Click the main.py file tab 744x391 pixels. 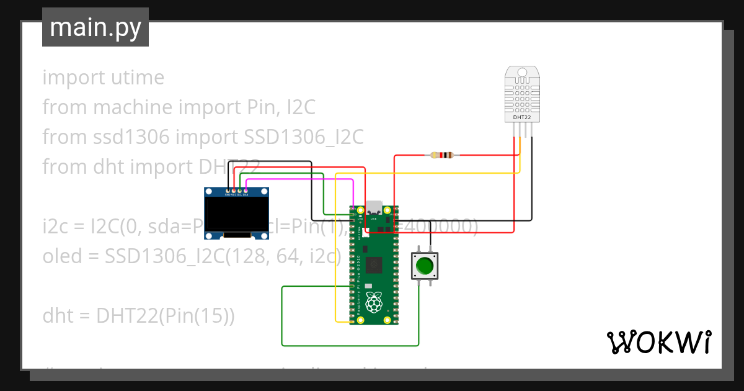click(x=95, y=27)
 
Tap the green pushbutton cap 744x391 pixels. click(x=425, y=266)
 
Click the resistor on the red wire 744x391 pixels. click(x=442, y=155)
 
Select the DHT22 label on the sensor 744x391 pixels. click(x=521, y=117)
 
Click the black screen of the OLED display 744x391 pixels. click(x=237, y=215)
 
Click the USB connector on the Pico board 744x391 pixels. click(x=374, y=208)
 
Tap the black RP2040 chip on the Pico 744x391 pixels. click(x=374, y=265)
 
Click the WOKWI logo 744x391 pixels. click(x=658, y=343)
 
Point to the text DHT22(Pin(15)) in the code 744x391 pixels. click(x=166, y=316)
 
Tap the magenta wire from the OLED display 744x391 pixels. click(x=298, y=179)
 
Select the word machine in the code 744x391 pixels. click(x=133, y=107)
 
